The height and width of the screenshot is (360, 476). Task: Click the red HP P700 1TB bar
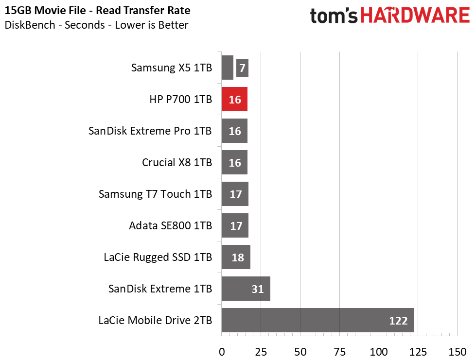(x=234, y=99)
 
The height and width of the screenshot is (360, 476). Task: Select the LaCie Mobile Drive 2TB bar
(x=317, y=320)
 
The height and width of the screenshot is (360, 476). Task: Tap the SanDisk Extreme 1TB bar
(x=246, y=289)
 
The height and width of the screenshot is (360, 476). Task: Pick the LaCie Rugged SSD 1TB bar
(x=236, y=257)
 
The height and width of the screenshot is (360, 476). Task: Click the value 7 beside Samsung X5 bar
(x=242, y=68)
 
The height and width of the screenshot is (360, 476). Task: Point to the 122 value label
(x=398, y=321)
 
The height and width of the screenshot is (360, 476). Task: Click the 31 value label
(x=257, y=289)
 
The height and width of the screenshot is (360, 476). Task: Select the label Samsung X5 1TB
(x=172, y=68)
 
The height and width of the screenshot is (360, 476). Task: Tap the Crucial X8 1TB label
(x=177, y=162)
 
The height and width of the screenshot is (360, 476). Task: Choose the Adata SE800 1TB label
(x=171, y=225)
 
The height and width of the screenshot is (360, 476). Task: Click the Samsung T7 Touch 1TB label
(x=156, y=194)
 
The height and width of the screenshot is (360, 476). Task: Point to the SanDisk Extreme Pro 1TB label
(x=150, y=131)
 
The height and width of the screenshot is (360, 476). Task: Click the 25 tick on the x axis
(x=261, y=352)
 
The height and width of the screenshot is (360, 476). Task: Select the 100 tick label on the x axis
(x=379, y=352)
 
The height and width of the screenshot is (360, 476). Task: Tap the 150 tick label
(x=457, y=352)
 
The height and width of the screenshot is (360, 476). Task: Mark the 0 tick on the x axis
(x=222, y=352)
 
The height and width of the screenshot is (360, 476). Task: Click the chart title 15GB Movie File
(x=45, y=10)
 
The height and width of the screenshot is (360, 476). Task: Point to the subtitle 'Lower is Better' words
(x=152, y=25)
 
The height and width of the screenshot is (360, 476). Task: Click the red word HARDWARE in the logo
(x=415, y=16)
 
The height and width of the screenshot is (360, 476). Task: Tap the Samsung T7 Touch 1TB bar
(x=235, y=194)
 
